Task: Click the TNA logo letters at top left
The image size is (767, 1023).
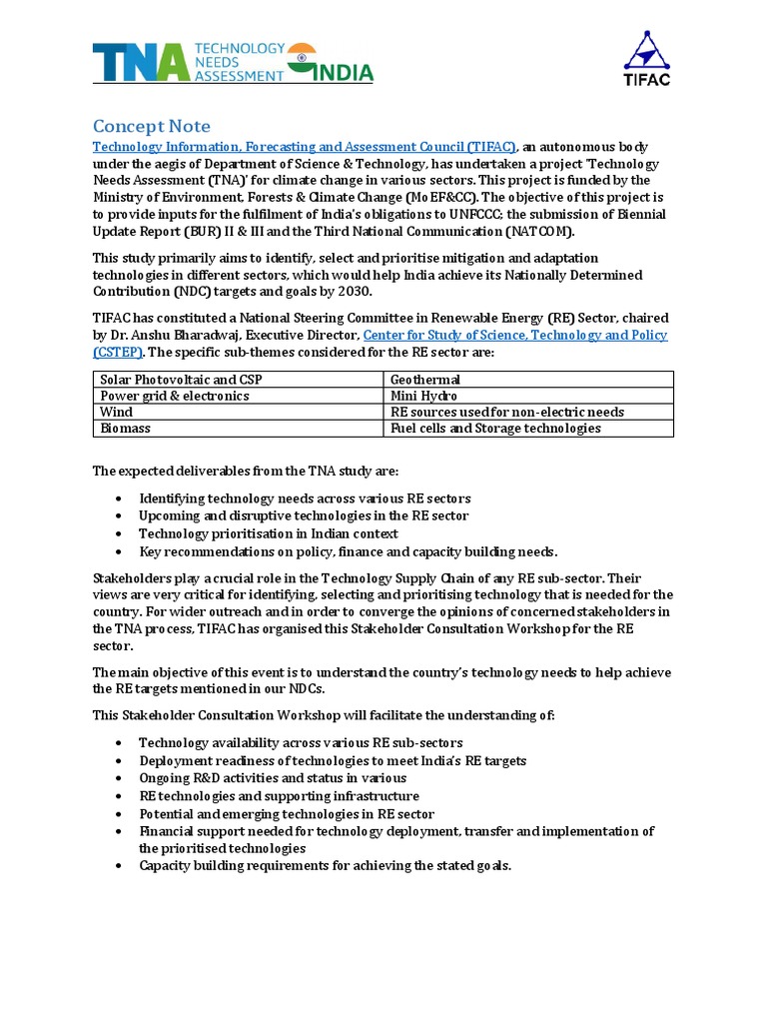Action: coord(140,62)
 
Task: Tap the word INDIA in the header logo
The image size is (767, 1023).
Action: coord(342,73)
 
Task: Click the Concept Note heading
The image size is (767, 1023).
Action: coord(152,126)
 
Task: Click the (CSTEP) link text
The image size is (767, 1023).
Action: coord(118,353)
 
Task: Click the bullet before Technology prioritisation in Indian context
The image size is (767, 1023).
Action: coord(120,534)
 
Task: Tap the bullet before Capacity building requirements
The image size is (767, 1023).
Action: coord(120,866)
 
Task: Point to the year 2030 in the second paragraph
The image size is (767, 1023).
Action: coord(352,292)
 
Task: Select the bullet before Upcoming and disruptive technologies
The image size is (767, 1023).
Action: coord(120,516)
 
